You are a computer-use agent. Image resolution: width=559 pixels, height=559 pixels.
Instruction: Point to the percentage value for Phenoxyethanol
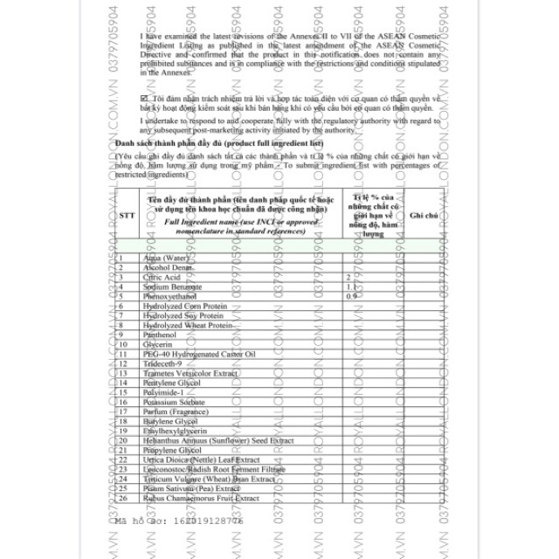pyautogui.click(x=351, y=296)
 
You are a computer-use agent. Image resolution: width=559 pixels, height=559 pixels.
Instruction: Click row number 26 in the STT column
pyautogui.click(x=121, y=498)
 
